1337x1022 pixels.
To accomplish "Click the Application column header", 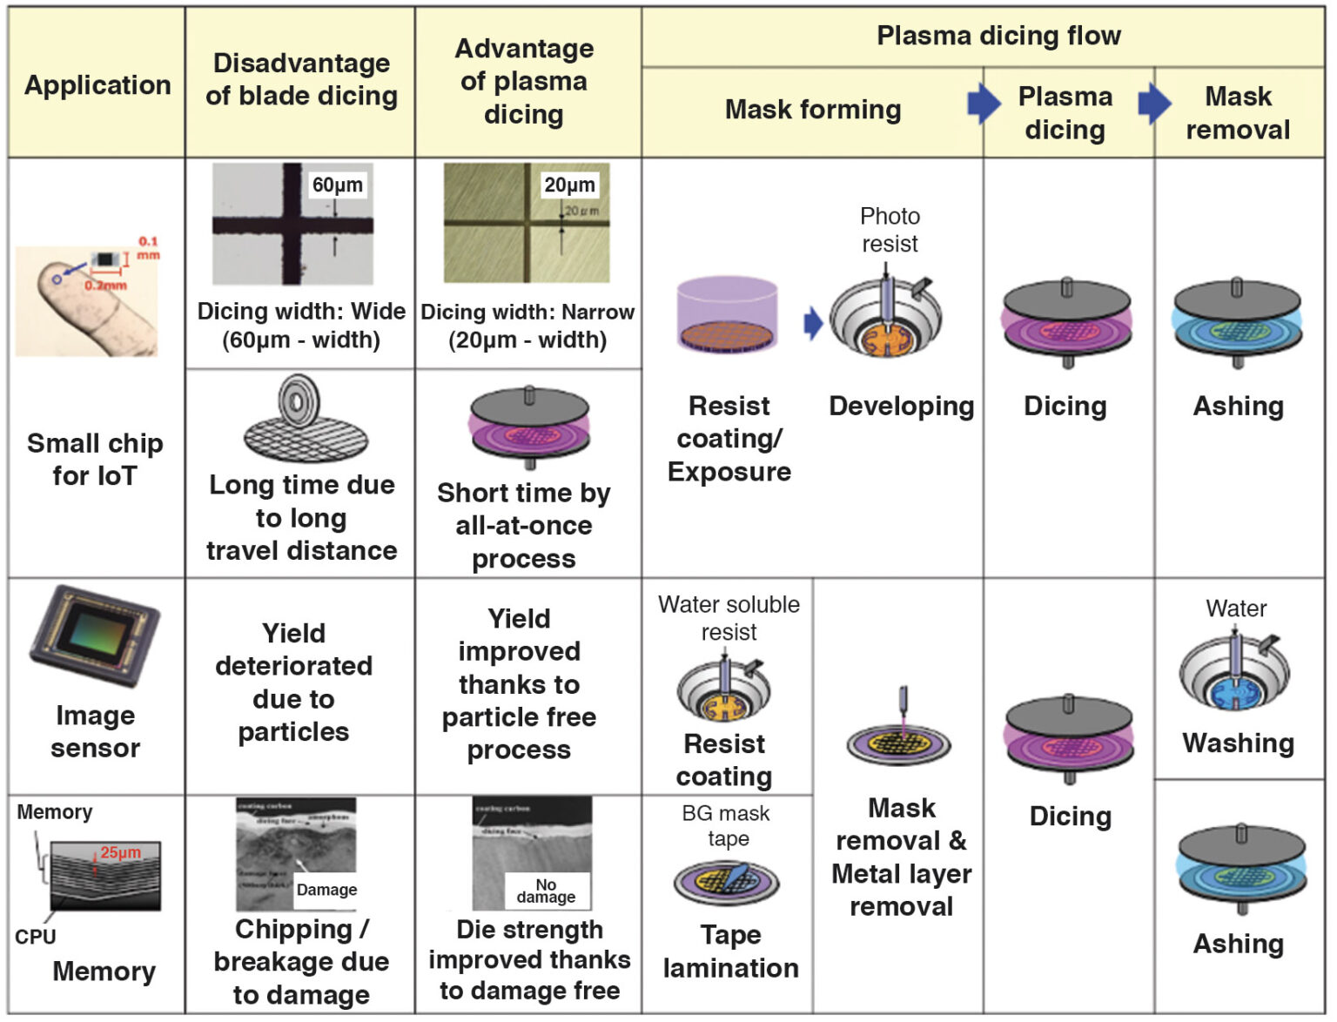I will (97, 84).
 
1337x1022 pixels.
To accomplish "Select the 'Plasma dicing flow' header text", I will (998, 36).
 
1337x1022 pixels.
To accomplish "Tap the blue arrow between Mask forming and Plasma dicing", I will (984, 104).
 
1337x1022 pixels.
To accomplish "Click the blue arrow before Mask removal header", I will (1154, 104).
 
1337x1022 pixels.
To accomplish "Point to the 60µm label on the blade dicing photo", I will (337, 185).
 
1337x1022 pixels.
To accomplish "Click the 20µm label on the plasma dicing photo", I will (569, 185).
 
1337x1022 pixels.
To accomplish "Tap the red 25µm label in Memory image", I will (120, 852).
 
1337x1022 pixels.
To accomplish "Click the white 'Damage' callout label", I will (326, 889).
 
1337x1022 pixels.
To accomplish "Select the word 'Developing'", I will (901, 406).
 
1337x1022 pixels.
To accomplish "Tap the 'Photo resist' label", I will (890, 230).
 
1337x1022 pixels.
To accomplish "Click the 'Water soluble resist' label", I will (729, 617).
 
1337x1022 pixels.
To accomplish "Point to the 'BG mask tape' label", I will (726, 825).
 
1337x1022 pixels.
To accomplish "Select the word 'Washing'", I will (1238, 743).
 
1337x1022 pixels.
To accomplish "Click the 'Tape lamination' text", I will (730, 951).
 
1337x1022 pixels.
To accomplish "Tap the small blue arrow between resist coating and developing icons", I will (813, 323).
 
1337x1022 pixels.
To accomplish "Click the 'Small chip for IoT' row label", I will (95, 459).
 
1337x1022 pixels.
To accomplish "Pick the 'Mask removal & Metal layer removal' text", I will (901, 857).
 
